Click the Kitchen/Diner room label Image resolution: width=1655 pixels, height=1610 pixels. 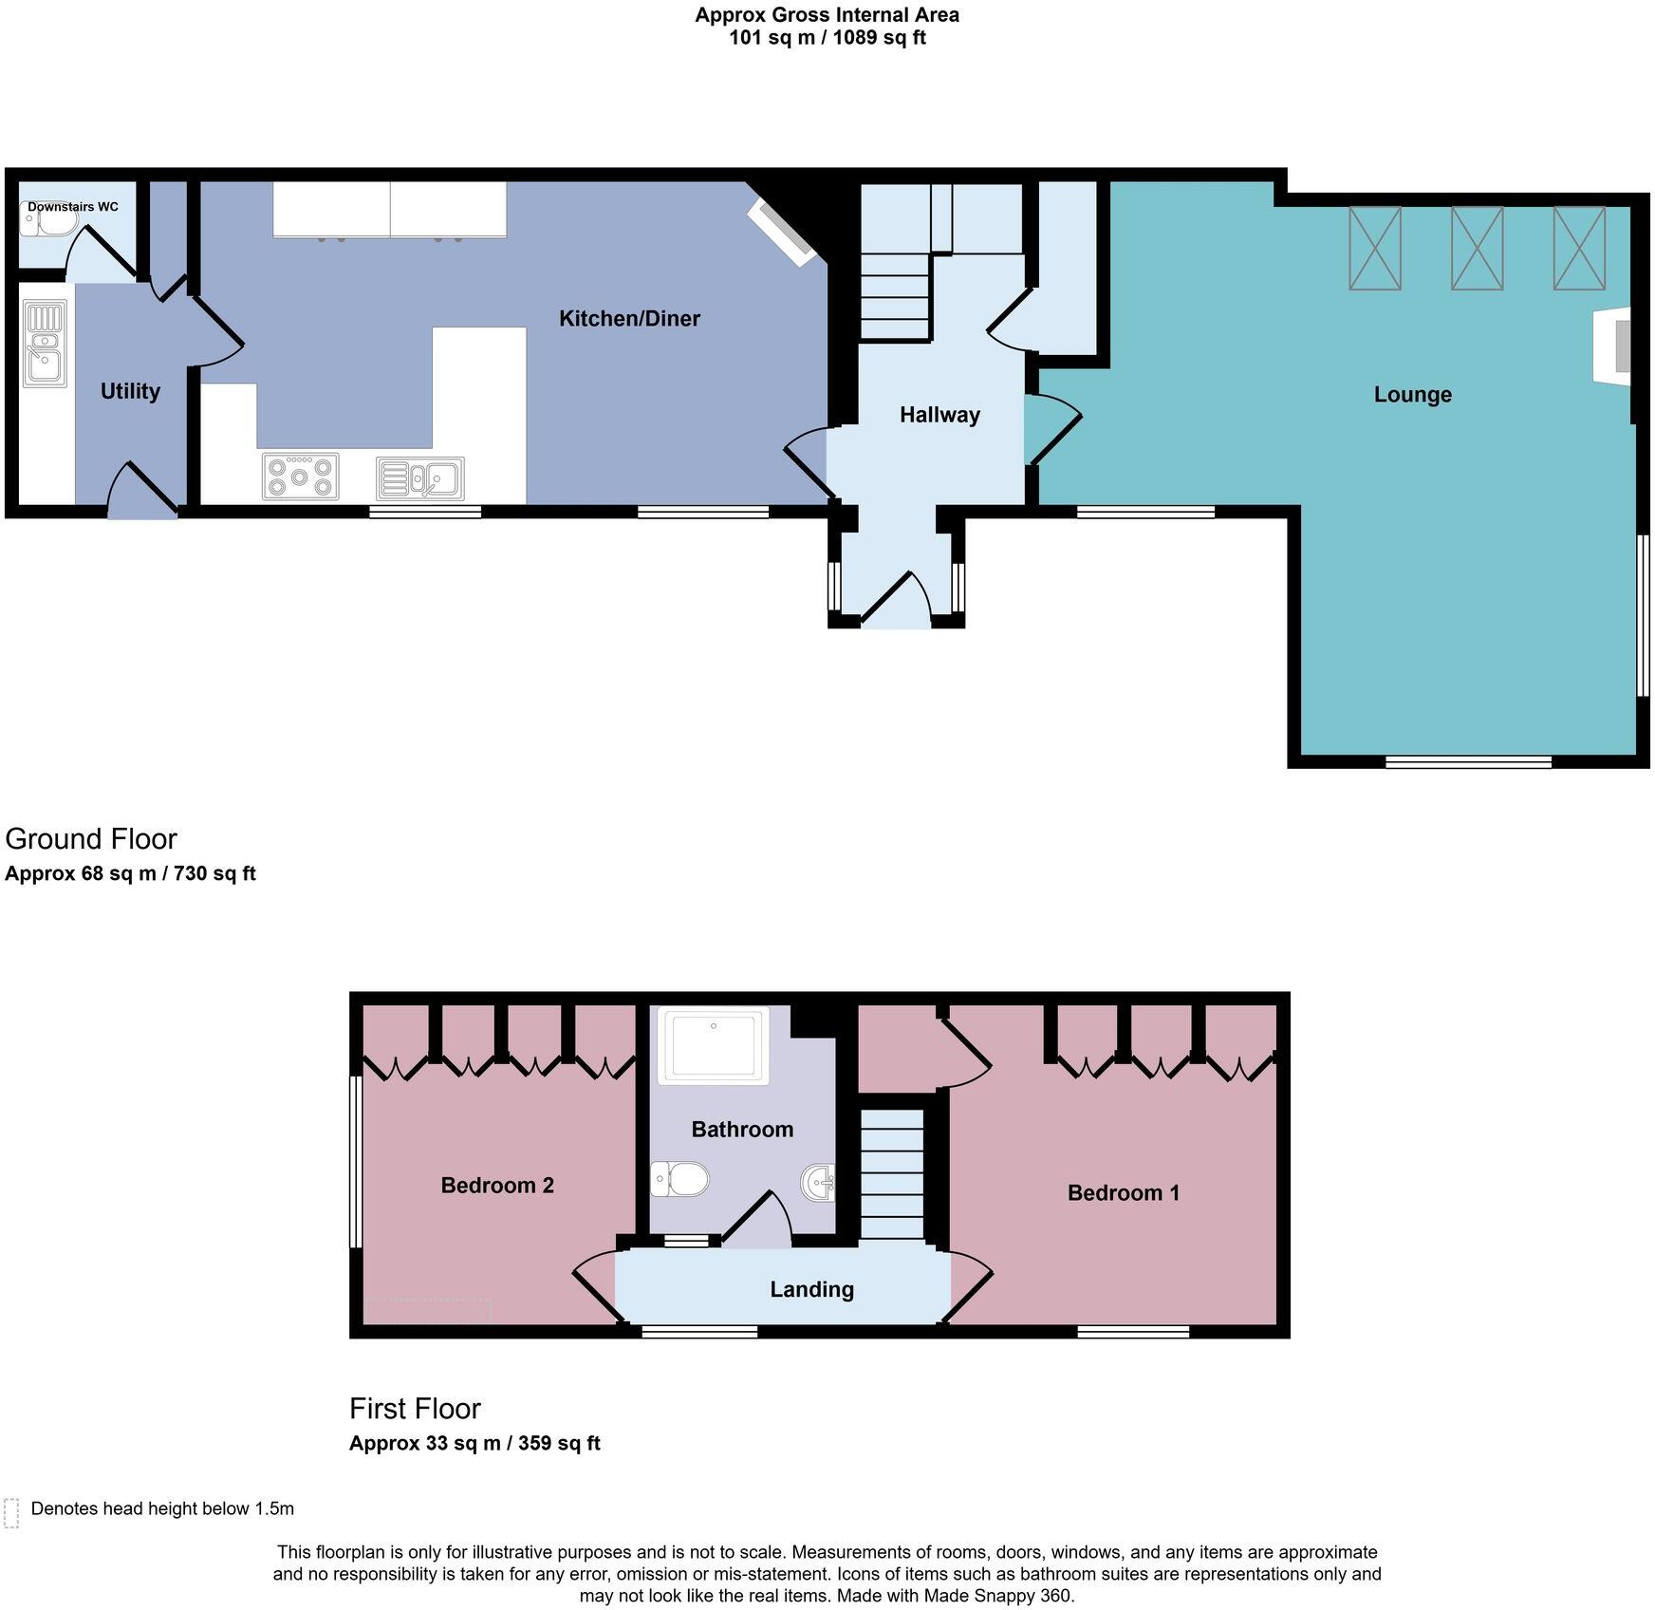click(629, 319)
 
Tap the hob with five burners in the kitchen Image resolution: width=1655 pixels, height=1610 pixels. click(301, 477)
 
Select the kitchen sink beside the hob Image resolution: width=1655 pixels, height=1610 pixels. click(420, 477)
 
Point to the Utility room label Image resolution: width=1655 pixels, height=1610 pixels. click(130, 391)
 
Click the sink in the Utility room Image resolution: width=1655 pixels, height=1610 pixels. click(45, 344)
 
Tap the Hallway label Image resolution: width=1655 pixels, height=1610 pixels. click(939, 415)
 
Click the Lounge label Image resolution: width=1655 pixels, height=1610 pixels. click(1412, 395)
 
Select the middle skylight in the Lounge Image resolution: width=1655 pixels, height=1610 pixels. click(1477, 248)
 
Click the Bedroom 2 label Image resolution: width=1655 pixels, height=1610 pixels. click(497, 1185)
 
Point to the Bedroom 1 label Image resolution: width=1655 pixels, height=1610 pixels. click(1123, 1193)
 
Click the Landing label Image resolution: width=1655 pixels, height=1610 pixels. click(811, 1289)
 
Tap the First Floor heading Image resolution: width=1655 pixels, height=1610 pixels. click(415, 1408)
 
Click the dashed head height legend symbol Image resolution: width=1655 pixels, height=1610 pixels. click(11, 1513)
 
